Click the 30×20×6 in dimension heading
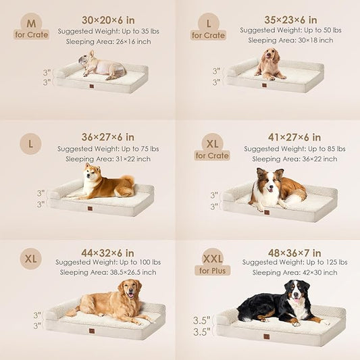108,20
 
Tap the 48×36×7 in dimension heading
294,253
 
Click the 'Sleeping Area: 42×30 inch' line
294,272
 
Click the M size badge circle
31,23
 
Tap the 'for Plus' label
212,271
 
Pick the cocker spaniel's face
269,55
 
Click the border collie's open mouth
270,189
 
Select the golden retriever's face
129,289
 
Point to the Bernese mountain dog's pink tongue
297,300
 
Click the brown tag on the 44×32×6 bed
92,331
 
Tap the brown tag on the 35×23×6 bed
264,85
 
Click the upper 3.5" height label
201,321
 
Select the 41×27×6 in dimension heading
294,137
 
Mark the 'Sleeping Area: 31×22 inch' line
108,159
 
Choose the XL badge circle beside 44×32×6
31,259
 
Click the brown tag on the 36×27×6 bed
91,209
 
